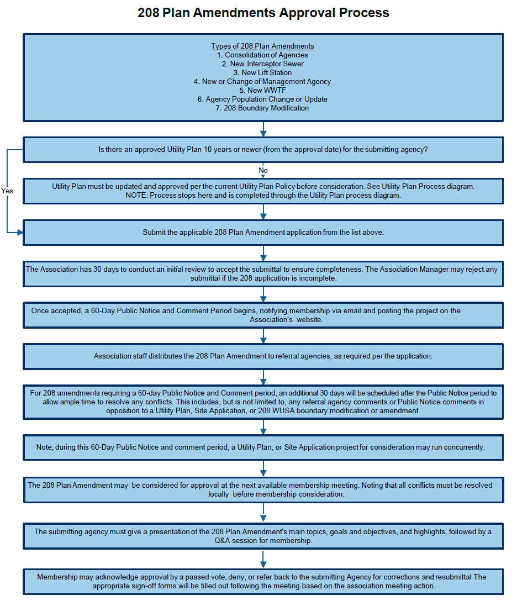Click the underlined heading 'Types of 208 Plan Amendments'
[x=262, y=46]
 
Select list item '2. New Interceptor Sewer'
[x=262, y=64]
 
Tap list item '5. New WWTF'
[x=262, y=90]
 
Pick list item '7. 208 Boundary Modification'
[x=262, y=108]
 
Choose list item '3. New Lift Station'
[x=262, y=72]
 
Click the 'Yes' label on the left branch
[x=7, y=191]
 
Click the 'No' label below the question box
[x=263, y=170]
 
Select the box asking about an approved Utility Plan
[x=263, y=150]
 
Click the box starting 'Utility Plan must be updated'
[x=263, y=191]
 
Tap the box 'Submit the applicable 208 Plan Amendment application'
[x=263, y=233]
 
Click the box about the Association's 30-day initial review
[x=263, y=274]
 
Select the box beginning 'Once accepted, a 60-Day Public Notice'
[x=263, y=315]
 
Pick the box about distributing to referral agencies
[x=263, y=356]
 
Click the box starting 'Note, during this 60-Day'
[x=263, y=447]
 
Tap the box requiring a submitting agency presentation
[x=263, y=536]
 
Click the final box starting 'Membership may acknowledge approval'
[x=263, y=582]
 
